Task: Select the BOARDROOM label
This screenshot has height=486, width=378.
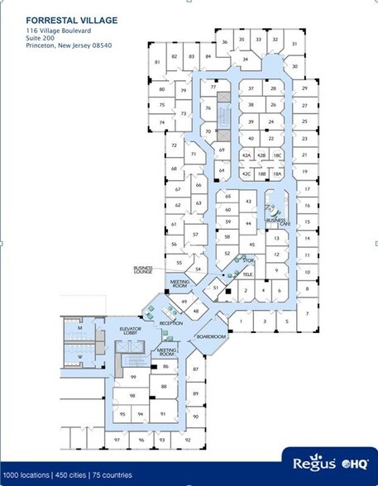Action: coord(211,337)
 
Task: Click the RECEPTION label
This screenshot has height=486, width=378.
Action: coord(170,323)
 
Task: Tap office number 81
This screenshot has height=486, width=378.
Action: coord(156,63)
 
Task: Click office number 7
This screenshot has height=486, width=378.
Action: coord(306,313)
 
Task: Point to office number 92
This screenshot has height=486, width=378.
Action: coord(187,440)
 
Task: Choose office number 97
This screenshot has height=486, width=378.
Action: coord(117,440)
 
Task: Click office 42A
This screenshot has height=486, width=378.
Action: coord(246,155)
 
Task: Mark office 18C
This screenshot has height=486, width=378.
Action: coord(278,155)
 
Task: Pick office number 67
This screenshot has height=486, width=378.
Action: coord(177,189)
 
